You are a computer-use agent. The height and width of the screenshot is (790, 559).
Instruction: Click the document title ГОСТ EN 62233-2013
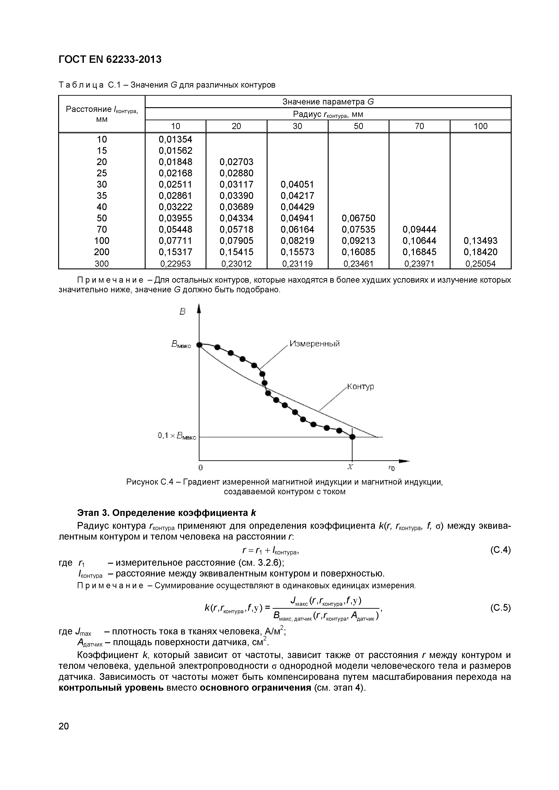coord(110,59)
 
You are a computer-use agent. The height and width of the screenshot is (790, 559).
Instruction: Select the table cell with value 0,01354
coord(175,139)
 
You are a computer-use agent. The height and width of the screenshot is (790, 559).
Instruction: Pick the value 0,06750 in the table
coord(358,218)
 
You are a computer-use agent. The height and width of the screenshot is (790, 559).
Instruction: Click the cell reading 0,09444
coord(419,229)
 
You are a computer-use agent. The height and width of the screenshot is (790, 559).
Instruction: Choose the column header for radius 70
coord(419,126)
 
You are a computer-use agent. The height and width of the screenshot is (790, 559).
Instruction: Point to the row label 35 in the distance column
coord(102,196)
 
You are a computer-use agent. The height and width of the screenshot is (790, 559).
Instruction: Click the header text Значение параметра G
coord(328,102)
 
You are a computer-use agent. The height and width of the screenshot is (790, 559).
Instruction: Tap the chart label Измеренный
coord(314,344)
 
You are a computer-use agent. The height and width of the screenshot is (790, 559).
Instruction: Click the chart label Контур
coord(360,386)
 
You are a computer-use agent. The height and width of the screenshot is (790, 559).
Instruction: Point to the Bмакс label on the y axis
coord(181,345)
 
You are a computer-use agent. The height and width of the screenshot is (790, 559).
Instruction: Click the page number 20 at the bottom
coord(64,726)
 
